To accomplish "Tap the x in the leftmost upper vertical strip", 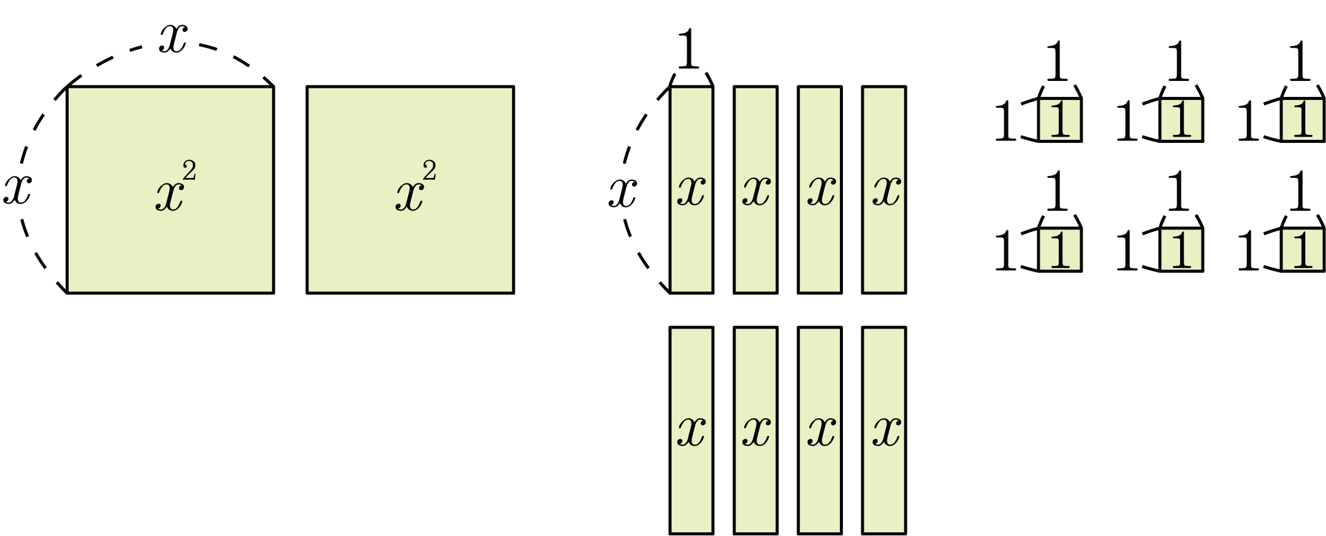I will (x=691, y=190).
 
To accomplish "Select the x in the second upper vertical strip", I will (x=755, y=190).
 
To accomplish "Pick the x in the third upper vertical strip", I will (x=820, y=190).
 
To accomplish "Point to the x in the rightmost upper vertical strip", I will (x=884, y=190).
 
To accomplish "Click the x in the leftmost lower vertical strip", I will (x=691, y=431).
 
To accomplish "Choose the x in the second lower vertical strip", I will (x=755, y=431).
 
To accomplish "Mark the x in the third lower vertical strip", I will (x=820, y=431).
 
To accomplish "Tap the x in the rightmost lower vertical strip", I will (x=884, y=431).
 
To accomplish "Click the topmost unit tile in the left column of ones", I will (x=1059, y=120).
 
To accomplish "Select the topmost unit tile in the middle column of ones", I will (x=1181, y=120).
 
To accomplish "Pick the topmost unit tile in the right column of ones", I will (x=1302, y=120).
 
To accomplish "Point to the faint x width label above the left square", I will (x=172, y=42).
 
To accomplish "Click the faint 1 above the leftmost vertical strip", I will (x=689, y=49).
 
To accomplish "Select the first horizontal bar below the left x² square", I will (x=170, y=340).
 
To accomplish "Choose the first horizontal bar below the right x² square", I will (x=410, y=340).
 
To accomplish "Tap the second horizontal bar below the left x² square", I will (x=170, y=432).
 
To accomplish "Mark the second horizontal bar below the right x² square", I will (x=410, y=432).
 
